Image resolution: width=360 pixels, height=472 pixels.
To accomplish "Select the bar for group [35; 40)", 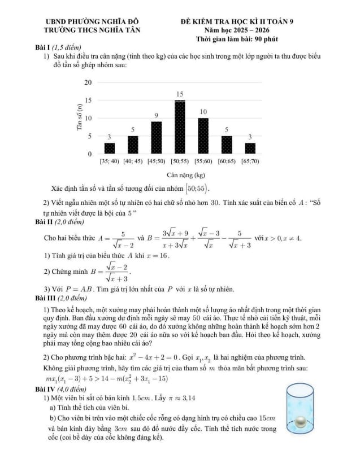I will click(110, 148).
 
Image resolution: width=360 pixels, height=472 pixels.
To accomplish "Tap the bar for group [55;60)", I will click(203, 136).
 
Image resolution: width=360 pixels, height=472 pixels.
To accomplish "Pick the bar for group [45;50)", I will click(157, 137).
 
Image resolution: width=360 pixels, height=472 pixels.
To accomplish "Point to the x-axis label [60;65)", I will click(226, 161).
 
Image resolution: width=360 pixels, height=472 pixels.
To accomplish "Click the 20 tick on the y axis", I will click(88, 82).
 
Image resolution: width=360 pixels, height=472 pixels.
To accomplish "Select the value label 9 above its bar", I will click(157, 115).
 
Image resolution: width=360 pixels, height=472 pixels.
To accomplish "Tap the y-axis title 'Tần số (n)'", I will click(80, 117).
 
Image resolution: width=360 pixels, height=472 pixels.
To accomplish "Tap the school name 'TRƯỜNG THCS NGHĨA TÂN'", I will click(93, 29).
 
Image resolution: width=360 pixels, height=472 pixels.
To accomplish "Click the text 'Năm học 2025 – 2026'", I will click(237, 29).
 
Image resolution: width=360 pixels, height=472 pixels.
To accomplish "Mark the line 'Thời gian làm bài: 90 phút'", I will click(237, 38).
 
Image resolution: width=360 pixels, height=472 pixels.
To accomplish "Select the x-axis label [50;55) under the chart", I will click(180, 161).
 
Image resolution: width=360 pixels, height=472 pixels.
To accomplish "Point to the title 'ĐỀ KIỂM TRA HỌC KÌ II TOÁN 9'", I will click(237, 21).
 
